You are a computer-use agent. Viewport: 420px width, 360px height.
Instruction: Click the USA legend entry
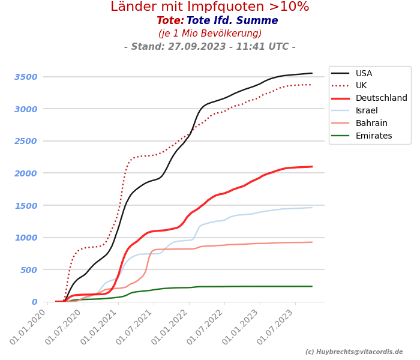364,73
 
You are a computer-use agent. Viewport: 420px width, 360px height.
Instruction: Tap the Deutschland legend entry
381,98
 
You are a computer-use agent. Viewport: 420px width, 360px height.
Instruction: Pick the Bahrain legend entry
371,124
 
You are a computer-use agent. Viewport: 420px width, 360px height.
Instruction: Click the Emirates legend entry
374,136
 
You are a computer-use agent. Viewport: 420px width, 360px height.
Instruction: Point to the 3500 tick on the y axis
26,77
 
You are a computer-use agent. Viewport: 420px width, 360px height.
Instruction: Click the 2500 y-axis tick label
26,141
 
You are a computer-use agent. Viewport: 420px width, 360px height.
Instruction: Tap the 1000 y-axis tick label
26,238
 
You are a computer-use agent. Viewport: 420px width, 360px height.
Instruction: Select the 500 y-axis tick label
29,269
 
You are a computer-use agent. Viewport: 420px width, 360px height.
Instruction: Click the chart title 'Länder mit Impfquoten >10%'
210,7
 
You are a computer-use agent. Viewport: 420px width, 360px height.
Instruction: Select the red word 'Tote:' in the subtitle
170,21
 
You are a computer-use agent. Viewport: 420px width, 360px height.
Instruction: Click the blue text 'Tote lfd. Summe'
232,21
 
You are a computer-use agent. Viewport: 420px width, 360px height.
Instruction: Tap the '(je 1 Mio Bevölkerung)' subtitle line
210,34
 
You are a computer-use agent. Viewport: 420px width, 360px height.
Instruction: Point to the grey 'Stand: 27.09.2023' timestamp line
210,47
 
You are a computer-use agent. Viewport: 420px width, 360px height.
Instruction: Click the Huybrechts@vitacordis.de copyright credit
354,352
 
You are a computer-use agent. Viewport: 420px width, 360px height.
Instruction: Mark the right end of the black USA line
312,73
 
